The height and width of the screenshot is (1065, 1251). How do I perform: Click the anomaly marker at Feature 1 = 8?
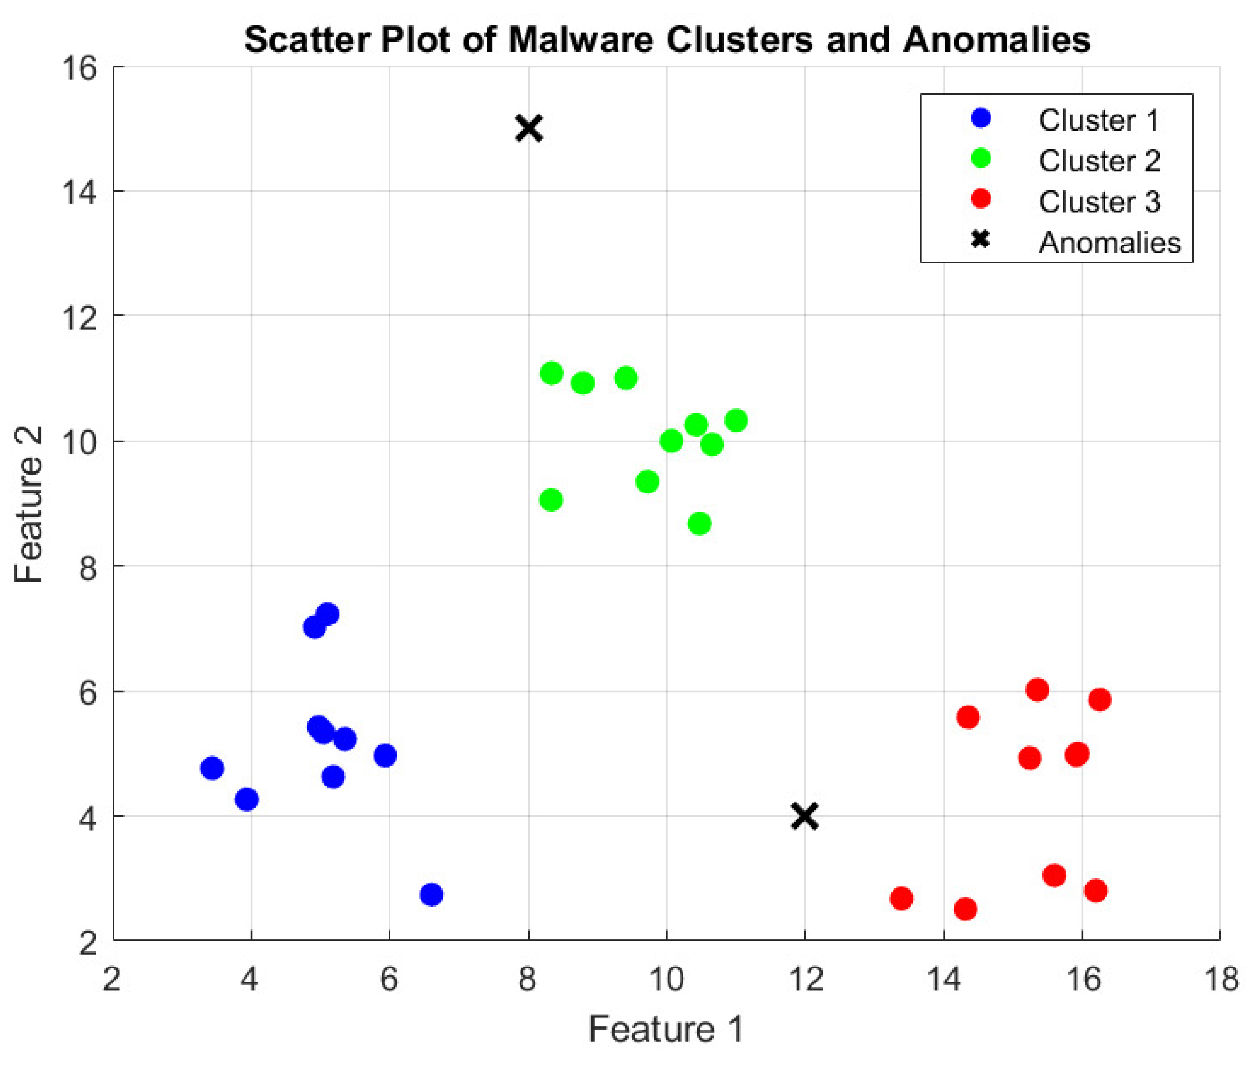click(x=529, y=128)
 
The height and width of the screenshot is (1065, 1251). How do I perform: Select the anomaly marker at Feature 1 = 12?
click(x=804, y=816)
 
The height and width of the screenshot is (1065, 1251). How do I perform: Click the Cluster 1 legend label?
click(x=1098, y=120)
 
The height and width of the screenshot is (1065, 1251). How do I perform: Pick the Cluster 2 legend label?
click(x=1099, y=161)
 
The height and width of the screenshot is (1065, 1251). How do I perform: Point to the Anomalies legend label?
click(x=1109, y=242)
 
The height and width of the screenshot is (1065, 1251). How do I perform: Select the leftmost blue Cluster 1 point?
click(x=212, y=769)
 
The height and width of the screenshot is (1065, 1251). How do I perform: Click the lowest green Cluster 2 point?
click(x=699, y=524)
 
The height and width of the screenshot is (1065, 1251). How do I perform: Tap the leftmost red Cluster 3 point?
click(x=901, y=899)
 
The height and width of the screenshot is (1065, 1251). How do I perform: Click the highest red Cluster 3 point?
click(x=1037, y=689)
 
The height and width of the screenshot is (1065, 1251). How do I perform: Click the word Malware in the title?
click(x=581, y=40)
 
